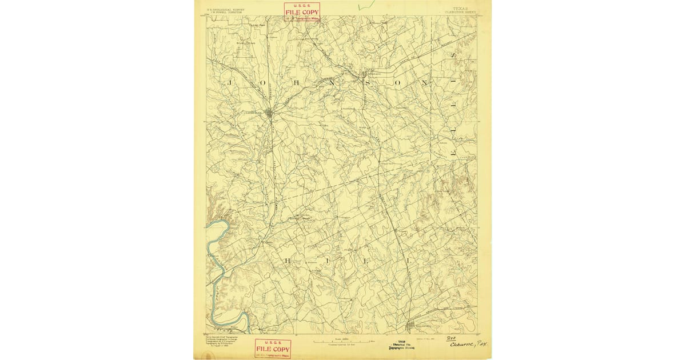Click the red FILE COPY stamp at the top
(302, 12)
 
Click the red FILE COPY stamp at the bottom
(273, 348)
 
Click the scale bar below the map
(342, 341)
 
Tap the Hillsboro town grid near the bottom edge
(410, 327)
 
